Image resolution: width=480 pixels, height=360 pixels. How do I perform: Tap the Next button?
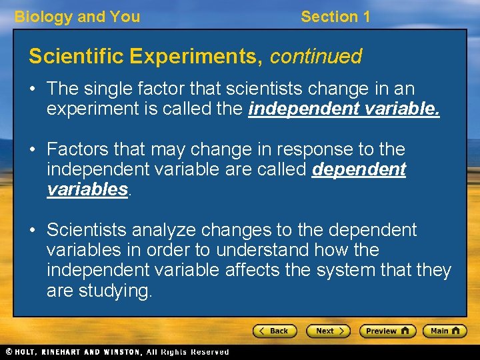pos(327,331)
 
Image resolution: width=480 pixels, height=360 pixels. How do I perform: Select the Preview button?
pos(387,331)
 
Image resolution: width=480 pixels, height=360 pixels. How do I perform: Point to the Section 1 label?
pos(335,17)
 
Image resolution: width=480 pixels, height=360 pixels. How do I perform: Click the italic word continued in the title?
pos(315,57)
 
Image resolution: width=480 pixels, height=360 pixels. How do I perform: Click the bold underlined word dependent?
pos(359,169)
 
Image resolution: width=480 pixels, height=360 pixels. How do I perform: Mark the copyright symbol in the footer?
pos(9,351)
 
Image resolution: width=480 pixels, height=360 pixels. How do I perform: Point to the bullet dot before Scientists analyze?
pos(33,231)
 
